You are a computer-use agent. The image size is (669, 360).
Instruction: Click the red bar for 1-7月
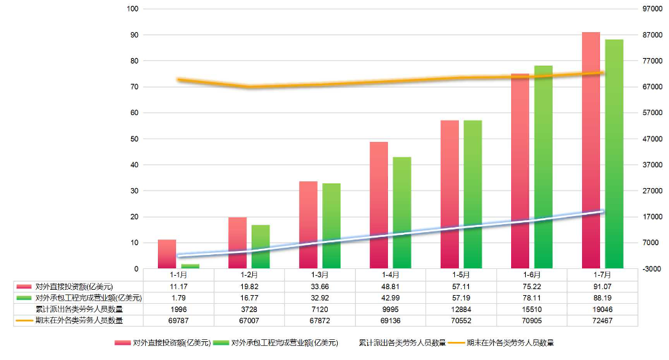[591, 151]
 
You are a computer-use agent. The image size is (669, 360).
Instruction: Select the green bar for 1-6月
[543, 167]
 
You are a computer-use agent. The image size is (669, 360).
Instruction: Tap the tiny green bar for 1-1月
[190, 266]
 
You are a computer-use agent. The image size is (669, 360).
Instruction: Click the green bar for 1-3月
[331, 226]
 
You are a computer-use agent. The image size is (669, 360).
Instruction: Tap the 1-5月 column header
[461, 274]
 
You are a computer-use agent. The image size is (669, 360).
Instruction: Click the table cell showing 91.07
[602, 286]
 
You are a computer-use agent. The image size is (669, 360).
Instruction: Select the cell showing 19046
[602, 309]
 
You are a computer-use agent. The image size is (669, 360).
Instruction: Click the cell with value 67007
[249, 321]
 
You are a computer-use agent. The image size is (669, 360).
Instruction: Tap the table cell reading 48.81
[390, 286]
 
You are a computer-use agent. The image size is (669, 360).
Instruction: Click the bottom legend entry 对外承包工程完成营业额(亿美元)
[284, 343]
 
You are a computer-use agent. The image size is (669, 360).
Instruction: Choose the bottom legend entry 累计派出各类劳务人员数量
[402, 343]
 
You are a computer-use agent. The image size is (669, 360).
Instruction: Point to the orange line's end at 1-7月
[602, 73]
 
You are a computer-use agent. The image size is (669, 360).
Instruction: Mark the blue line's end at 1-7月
[602, 211]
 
